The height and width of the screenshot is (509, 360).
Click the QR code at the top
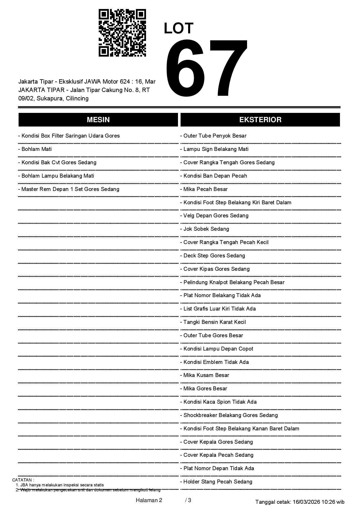[x=122, y=33]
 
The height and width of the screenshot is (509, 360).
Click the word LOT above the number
[x=179, y=28]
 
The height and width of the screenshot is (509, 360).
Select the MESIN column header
[x=98, y=120]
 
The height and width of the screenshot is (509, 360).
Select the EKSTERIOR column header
[x=260, y=120]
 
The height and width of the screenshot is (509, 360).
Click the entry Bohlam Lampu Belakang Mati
[x=57, y=176]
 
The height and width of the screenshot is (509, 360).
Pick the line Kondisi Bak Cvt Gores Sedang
[x=59, y=163]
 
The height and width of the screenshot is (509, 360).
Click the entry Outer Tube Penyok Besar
[x=215, y=136]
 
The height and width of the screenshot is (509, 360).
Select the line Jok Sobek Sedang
[x=206, y=229]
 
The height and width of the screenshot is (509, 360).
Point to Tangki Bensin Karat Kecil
[x=214, y=322]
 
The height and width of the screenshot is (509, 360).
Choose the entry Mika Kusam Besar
[x=206, y=375]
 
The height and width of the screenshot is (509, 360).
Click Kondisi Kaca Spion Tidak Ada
[x=220, y=402]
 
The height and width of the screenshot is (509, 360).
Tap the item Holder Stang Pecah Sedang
[x=217, y=482]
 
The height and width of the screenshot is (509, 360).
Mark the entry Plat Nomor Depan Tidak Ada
[x=218, y=468]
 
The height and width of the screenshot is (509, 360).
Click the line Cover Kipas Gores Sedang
[x=216, y=269]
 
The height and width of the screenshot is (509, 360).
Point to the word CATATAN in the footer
[x=23, y=480]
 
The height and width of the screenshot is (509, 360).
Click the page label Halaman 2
[x=149, y=500]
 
